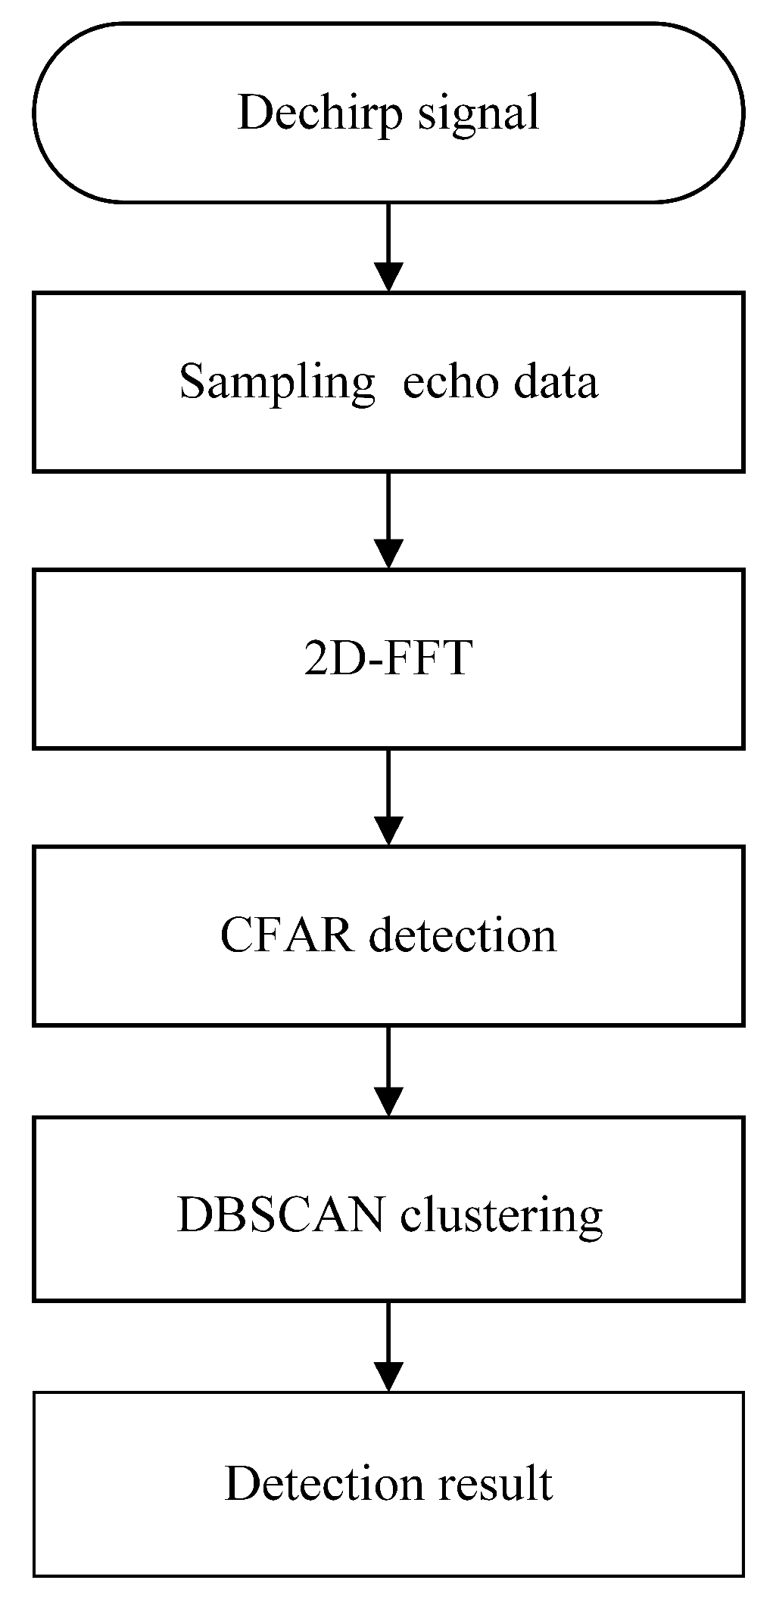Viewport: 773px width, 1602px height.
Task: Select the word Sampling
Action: coord(276,383)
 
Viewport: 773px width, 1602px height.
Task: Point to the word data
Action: coord(556,381)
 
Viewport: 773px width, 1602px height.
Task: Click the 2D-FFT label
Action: coord(388,658)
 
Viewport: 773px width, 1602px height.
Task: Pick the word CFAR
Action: coord(287,935)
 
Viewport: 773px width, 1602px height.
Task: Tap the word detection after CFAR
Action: coord(462,935)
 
